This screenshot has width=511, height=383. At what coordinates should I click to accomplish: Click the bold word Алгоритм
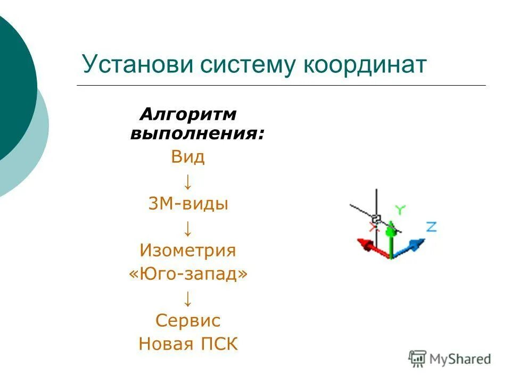188,114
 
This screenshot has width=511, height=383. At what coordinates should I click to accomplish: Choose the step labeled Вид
187,157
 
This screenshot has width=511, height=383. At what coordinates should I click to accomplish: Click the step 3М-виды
188,204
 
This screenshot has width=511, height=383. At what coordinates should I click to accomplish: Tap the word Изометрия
187,251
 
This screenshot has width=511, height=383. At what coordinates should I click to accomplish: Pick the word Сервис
188,321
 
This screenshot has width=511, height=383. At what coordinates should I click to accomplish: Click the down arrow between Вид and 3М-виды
188,181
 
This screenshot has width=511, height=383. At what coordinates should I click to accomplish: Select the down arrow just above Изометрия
188,228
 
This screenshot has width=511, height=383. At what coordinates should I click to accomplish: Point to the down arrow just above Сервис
188,298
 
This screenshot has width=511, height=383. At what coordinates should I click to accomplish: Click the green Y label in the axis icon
400,210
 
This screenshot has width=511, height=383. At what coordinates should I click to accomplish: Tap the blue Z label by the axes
431,227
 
